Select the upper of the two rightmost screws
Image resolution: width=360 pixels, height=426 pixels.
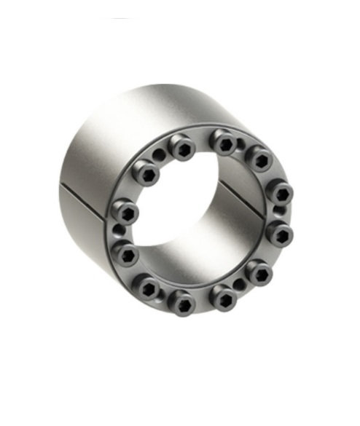point(280,193)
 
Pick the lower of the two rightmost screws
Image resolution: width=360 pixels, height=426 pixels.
point(280,233)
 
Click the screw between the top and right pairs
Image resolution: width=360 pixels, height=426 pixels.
point(258,157)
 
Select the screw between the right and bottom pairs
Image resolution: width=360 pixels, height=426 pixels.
point(259,273)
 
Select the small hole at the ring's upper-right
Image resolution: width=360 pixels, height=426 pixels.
point(242,145)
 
